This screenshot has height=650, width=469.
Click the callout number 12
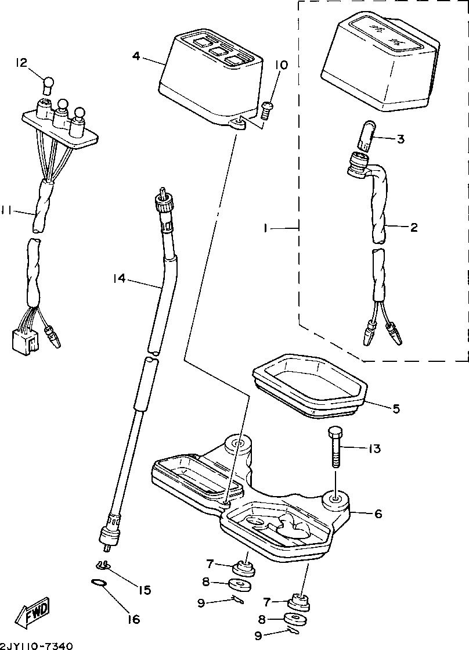click(21, 63)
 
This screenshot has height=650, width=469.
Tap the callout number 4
click(136, 56)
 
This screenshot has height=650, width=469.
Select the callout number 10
click(281, 65)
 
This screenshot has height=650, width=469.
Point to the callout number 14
click(120, 279)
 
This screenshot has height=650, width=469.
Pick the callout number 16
click(134, 619)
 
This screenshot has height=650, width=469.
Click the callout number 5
click(396, 408)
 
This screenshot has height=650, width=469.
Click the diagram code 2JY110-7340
click(37, 645)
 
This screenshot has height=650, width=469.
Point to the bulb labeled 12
click(49, 85)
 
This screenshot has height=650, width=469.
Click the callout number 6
click(378, 514)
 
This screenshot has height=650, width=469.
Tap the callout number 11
click(8, 213)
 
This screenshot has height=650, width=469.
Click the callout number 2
click(413, 227)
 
